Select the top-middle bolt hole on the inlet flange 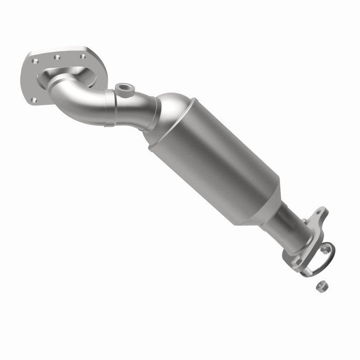pyautogui.click(x=57, y=57)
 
